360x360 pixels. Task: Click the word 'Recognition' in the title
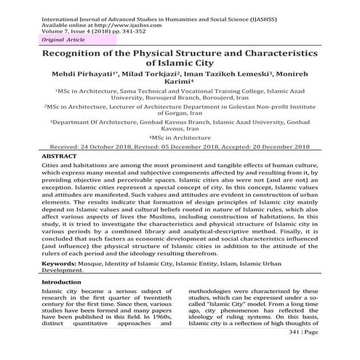pos(76,55)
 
